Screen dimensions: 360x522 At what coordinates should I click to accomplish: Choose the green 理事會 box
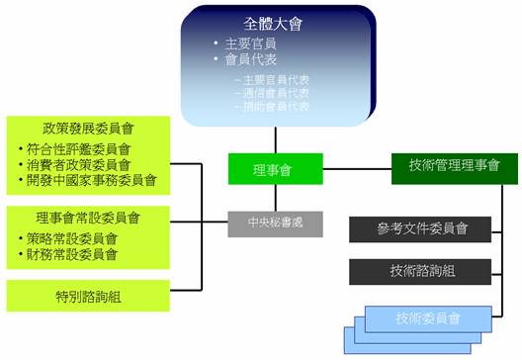276,168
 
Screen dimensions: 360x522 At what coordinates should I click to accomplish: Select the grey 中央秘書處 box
276,224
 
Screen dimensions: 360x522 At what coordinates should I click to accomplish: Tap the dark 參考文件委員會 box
420,229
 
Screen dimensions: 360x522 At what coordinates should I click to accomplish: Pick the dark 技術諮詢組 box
420,272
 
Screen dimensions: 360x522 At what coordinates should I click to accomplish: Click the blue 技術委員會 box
427,317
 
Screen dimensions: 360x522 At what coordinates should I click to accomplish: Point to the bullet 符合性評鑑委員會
78,149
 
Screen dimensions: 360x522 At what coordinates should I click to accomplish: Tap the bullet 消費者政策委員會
78,164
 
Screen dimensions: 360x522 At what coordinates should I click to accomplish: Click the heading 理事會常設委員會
88,218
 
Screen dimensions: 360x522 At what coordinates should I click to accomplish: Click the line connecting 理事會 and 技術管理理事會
357,168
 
